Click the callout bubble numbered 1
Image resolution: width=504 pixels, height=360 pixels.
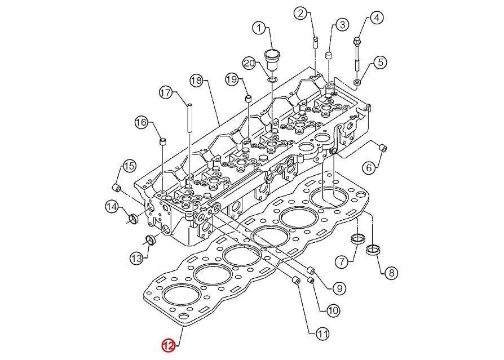[259, 28]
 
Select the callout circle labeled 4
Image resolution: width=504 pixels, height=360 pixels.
[376, 17]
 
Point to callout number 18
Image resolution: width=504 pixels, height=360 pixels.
[196, 81]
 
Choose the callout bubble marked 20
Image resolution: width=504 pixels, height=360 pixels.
[249, 63]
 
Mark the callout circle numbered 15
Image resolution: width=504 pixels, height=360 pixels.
[129, 166]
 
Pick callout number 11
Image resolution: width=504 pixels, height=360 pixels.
[322, 334]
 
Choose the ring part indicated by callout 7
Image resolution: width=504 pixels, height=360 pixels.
[357, 238]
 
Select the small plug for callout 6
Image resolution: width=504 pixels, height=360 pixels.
[383, 148]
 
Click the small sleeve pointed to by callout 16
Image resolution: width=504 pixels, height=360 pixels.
[163, 140]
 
